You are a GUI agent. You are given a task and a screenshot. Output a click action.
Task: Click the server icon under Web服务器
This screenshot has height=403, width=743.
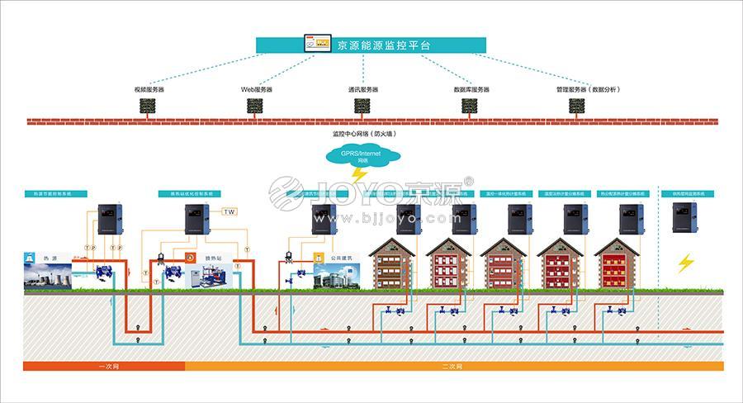256,106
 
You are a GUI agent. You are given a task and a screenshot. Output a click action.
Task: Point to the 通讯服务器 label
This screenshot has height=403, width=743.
362,88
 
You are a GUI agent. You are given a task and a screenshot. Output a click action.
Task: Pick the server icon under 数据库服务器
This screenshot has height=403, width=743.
471,106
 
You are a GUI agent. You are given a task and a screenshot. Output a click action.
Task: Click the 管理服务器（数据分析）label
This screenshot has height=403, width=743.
587,88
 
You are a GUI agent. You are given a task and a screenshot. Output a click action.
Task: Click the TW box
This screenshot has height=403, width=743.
230,211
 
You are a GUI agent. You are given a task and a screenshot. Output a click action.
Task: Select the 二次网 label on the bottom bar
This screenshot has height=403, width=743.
452,365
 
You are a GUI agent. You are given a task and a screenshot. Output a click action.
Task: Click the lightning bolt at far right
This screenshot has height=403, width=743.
686,263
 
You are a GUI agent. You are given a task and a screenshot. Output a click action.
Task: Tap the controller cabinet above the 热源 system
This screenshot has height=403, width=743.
110,218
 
